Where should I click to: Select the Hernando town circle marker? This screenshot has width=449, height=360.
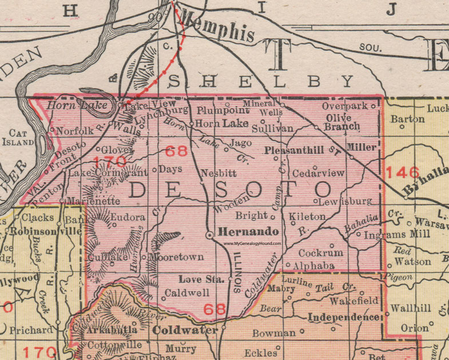(x=210, y=235)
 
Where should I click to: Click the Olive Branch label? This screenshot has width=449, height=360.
(x=343, y=122)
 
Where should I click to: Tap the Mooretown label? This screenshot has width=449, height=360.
(x=176, y=257)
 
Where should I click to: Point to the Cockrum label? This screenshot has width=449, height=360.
(x=320, y=252)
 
